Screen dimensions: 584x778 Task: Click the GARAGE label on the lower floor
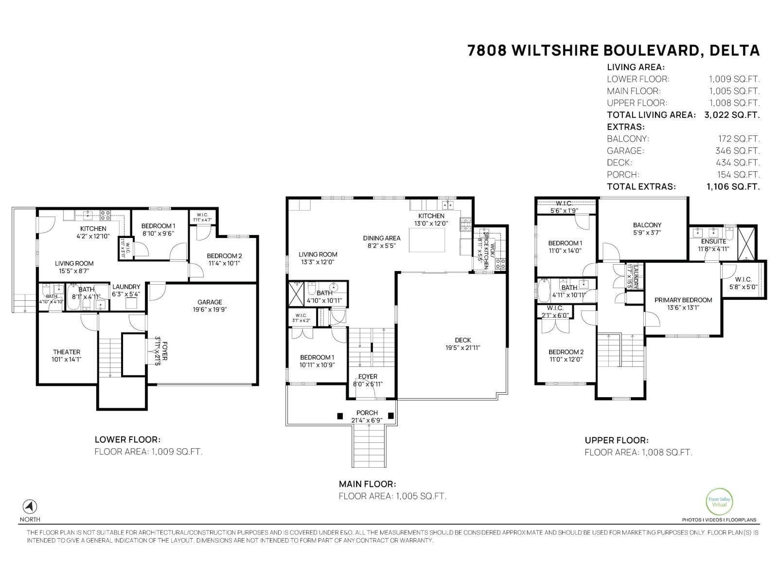[x=210, y=302]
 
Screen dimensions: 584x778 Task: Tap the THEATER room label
[x=67, y=352]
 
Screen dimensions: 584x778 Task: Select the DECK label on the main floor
[x=462, y=340]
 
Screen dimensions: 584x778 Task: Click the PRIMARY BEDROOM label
[x=683, y=300]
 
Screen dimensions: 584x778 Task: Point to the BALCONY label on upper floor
[x=647, y=225]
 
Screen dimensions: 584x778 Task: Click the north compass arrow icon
[x=30, y=506]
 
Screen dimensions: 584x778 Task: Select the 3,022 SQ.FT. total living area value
[x=731, y=115]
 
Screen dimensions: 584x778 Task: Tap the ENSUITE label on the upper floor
[x=713, y=241]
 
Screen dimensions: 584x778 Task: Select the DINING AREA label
[x=382, y=238]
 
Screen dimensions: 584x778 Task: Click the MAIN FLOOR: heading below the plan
[x=367, y=484]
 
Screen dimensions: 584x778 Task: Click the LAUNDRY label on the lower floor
[x=126, y=287]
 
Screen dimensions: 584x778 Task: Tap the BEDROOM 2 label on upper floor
[x=566, y=352]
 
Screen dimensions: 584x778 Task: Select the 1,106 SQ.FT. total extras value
[x=732, y=186]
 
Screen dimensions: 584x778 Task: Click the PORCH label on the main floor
[x=367, y=413]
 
